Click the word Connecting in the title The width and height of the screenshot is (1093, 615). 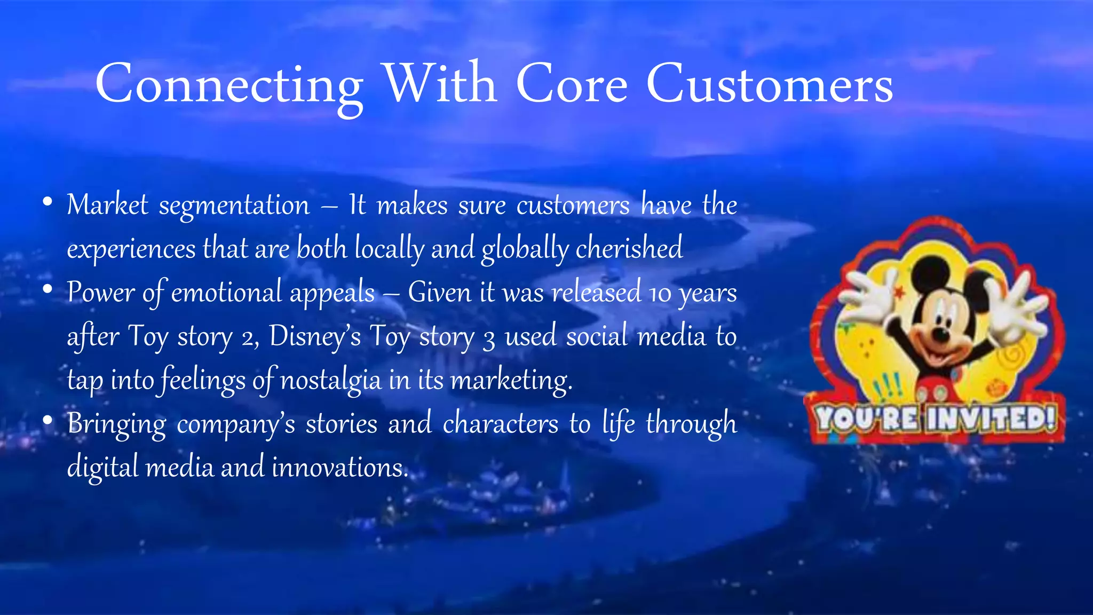(x=229, y=85)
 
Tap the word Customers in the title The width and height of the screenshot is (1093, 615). (x=770, y=85)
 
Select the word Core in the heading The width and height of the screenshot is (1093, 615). (x=572, y=85)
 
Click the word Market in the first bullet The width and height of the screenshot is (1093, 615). (x=107, y=205)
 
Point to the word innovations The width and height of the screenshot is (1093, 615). (x=340, y=468)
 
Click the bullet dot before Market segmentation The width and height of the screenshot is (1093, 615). (x=47, y=202)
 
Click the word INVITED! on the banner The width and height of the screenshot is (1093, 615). (x=991, y=419)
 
